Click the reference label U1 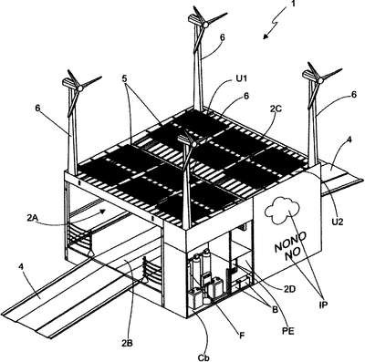point(243,79)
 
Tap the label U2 point(338,222)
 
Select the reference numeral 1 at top point(293,4)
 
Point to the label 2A point(33,218)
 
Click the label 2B point(127,343)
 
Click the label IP point(323,305)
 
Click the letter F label point(242,336)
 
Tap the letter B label point(275,310)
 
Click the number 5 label point(125,78)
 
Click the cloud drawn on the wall point(282,210)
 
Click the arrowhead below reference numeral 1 point(266,36)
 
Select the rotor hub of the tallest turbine point(206,25)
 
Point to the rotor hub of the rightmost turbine point(320,80)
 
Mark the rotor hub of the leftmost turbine point(80,88)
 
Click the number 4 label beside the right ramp point(349,140)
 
